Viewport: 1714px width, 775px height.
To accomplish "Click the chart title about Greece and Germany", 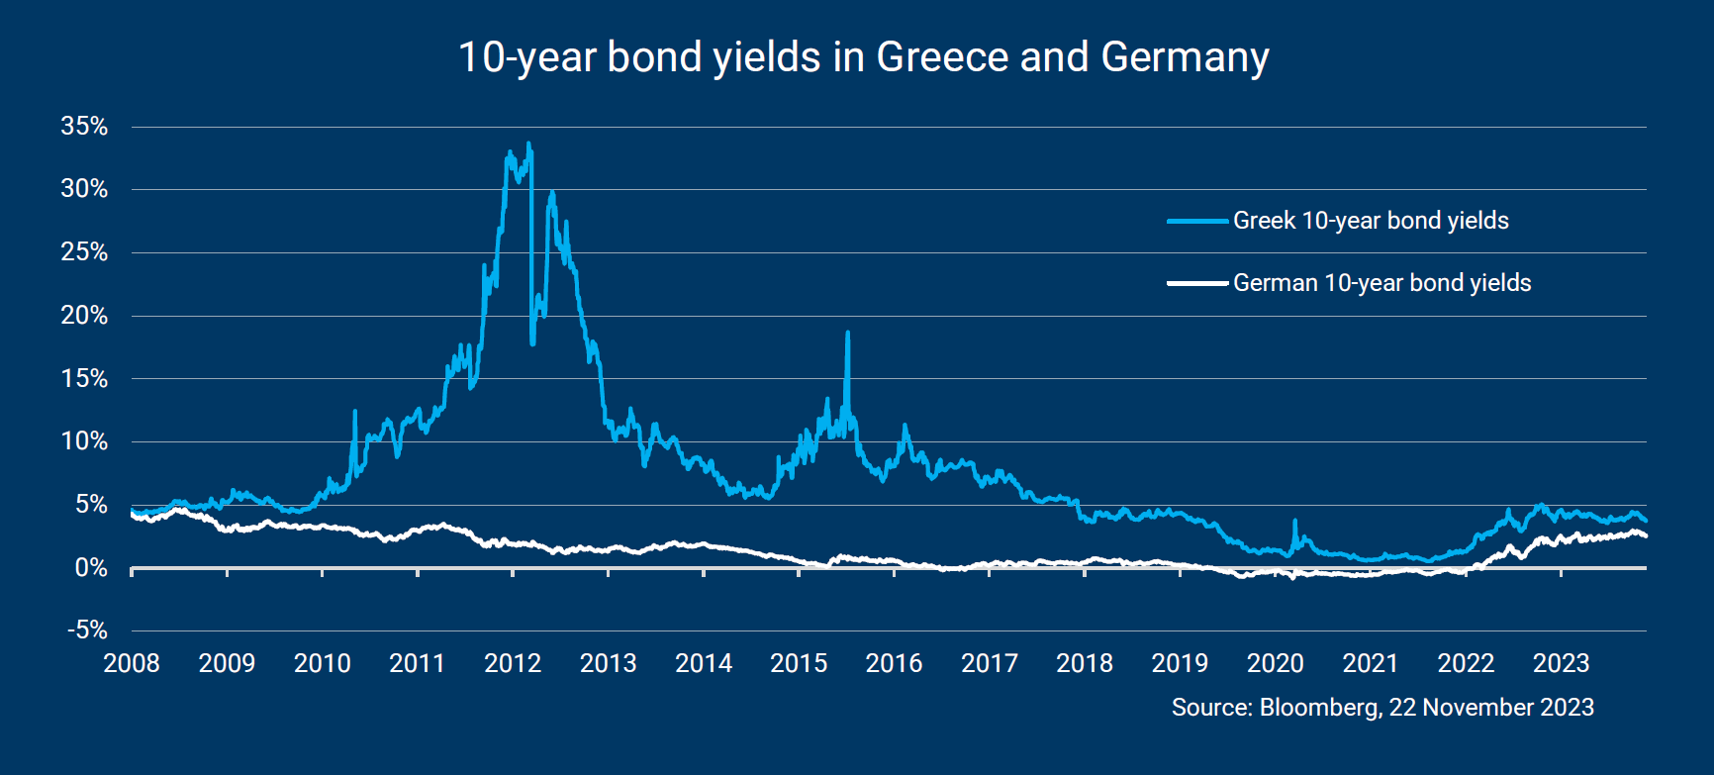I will tap(863, 57).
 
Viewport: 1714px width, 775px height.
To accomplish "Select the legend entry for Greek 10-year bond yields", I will tap(1371, 221).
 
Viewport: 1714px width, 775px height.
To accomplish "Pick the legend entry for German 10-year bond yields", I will tap(1381, 283).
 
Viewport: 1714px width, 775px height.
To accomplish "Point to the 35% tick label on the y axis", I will tap(84, 126).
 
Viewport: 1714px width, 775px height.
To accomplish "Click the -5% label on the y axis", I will tap(87, 630).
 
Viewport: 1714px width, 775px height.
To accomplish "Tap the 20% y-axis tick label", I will tap(84, 315).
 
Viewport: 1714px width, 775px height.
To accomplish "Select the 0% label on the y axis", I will tap(91, 567).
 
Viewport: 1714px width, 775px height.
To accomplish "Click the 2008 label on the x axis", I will tap(132, 663).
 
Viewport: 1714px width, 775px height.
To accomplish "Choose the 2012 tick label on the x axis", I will tap(513, 663).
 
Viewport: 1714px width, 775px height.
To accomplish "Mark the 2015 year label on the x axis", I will tap(799, 663).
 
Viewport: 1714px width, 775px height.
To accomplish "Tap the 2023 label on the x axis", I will tap(1561, 663).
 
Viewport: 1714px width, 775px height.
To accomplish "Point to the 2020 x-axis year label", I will tap(1275, 663).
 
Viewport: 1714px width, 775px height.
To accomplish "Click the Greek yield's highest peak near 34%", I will tap(528, 145).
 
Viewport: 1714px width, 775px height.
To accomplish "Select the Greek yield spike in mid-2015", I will tap(848, 334).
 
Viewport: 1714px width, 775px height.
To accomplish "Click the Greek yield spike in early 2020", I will tap(1294, 521).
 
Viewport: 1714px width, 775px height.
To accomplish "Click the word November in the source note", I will tap(1480, 708).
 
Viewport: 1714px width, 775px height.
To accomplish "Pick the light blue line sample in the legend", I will tap(1197, 221).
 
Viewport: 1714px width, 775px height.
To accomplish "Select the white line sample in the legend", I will tap(1197, 283).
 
